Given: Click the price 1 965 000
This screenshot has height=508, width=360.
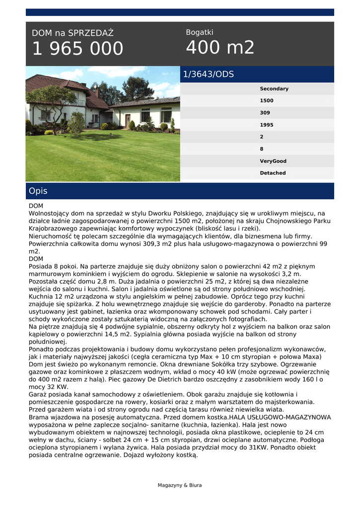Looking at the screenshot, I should coord(77,49).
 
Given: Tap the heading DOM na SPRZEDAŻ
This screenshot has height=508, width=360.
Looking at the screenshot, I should coord(72,33).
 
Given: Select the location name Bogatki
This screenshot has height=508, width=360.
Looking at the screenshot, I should coord(200,32).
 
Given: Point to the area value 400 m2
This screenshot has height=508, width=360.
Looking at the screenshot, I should coord(220,48).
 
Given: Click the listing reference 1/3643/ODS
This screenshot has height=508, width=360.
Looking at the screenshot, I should coord(209,74).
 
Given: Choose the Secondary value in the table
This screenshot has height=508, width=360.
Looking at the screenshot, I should coord(274,89).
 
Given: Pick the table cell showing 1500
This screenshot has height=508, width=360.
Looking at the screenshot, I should coord(267,101).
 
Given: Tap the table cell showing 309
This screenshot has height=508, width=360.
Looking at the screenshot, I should coord(265,113).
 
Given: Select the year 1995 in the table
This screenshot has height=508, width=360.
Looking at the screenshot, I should coord(267,125).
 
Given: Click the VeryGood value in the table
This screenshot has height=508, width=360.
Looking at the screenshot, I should coord(273,161).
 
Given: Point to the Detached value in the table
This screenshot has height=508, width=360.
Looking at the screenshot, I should coord(273,173).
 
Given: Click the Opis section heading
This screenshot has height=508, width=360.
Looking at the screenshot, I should coord(38,191).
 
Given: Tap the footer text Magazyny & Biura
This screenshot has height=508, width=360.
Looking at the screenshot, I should coord(180,485).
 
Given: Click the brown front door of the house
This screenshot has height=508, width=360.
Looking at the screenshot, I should coord(128,121).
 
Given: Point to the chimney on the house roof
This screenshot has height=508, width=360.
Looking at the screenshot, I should coord(97,91).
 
